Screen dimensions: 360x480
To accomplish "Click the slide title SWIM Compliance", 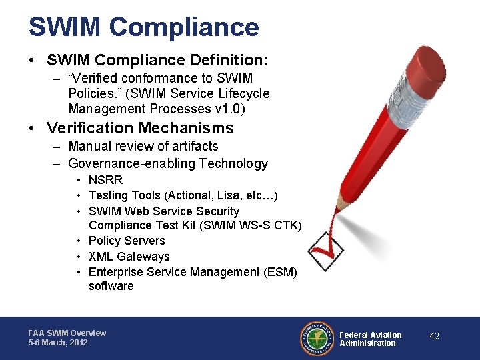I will (x=143, y=27).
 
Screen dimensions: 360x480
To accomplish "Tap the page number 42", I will (x=434, y=337).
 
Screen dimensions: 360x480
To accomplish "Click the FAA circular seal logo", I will (x=317, y=338).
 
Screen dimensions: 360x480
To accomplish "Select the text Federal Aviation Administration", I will (x=371, y=339).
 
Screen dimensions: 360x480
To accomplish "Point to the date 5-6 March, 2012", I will (x=58, y=343).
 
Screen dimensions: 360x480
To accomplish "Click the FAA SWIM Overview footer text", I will (x=67, y=333).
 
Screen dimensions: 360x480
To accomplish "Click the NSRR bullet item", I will (x=105, y=180).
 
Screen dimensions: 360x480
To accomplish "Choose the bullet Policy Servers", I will (x=126, y=241).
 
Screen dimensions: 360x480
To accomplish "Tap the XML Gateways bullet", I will (x=129, y=257).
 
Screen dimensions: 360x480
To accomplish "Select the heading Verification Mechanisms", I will (x=140, y=128).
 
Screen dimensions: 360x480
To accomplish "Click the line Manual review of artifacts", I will (x=143, y=146).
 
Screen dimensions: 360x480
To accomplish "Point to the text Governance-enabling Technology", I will (x=167, y=163).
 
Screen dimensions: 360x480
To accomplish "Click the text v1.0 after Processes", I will (x=239, y=109).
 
